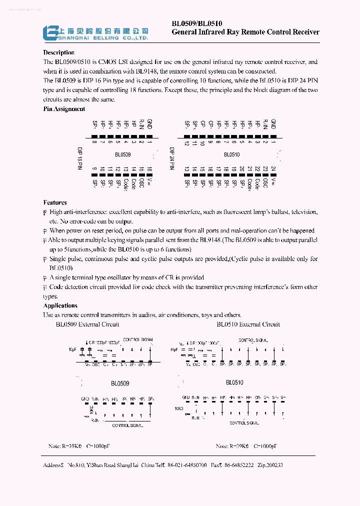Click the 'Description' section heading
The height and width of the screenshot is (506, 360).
coord(58,52)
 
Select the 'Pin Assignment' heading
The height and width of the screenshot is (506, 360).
coord(64,108)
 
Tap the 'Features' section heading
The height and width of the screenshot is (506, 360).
coord(55,202)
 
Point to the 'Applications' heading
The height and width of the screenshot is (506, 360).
coord(60,305)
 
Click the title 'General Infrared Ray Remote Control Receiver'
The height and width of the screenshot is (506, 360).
coord(245,32)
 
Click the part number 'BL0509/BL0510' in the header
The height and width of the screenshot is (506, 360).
coord(197,23)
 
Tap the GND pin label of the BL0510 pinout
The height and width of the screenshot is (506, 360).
coord(273,124)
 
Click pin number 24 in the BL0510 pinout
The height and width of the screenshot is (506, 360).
coord(273,169)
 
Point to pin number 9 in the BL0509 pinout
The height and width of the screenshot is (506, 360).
coord(94,169)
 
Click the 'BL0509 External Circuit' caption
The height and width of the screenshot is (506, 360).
coord(87,324)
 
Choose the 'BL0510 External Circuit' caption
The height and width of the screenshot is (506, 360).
coord(248,324)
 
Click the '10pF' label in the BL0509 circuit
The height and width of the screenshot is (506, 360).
coord(73,349)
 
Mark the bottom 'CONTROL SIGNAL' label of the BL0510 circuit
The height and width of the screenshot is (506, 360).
coord(244,423)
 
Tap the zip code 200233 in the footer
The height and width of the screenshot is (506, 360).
coord(272,465)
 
